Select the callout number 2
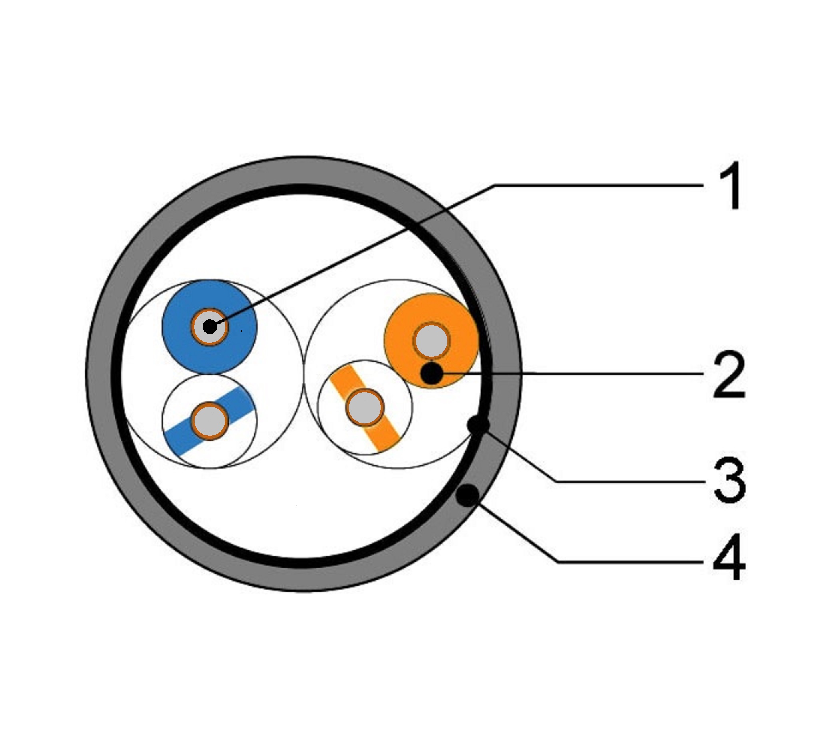729,375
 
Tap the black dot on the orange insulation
431,374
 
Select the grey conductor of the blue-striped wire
209,421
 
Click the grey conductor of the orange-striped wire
365,407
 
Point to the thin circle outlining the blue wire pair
303,374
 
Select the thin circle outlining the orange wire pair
304,374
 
